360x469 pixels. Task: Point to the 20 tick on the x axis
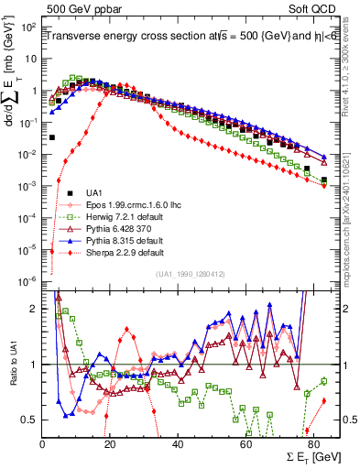[x=110, y=443]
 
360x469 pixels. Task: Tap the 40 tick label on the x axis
[x=178, y=443]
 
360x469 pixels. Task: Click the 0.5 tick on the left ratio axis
[x=33, y=420]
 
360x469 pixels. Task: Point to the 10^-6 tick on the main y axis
[x=27, y=280]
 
